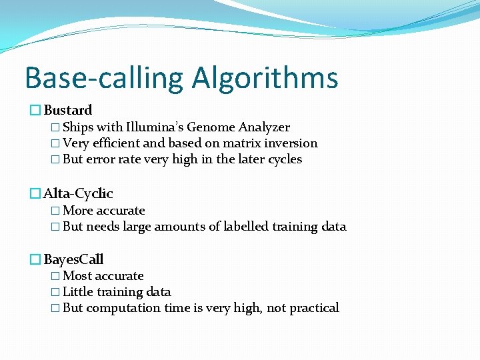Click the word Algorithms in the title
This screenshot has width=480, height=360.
[x=265, y=78]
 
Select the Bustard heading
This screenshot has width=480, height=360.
[x=68, y=110]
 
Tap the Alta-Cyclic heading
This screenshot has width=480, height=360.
[x=78, y=193]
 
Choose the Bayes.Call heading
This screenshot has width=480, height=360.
[x=73, y=259]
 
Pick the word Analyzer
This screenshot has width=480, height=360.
[x=264, y=127]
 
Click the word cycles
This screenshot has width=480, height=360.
[x=283, y=159]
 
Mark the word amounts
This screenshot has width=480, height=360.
[x=179, y=227]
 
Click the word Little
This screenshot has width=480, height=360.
[x=78, y=292]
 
